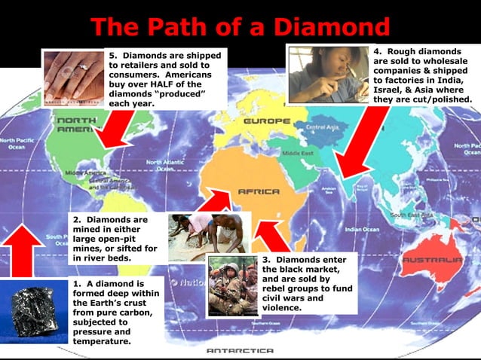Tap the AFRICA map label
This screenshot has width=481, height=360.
tap(259, 191)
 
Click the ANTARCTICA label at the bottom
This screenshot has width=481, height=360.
tap(240, 351)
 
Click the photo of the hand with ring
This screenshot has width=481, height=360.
tap(73, 78)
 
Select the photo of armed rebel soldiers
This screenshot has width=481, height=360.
tap(233, 285)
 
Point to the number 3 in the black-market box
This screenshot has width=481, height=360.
tap(266, 260)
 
